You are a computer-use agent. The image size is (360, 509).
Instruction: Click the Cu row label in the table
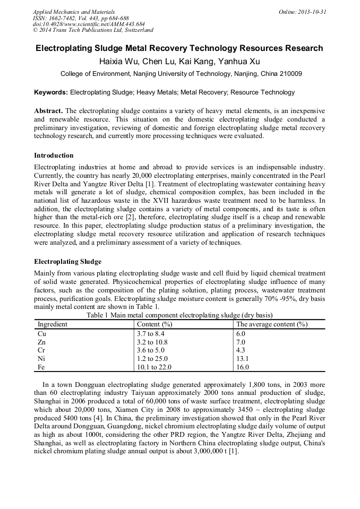41,333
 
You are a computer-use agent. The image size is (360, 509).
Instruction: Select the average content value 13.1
243,358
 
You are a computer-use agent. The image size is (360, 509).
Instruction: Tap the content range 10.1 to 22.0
154,367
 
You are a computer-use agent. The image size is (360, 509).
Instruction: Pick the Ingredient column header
53,324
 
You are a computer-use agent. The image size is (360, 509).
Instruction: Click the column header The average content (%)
272,324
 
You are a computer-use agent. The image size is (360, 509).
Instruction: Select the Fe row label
41,367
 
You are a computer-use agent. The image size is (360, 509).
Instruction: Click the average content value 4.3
241,350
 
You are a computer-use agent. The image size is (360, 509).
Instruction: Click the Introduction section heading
54,156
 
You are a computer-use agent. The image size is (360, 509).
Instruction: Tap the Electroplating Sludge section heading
67,262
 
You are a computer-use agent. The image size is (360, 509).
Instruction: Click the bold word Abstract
48,111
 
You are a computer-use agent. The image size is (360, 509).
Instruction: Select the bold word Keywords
51,92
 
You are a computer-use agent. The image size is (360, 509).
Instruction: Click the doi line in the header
89,24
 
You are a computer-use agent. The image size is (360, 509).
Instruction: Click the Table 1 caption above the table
179,315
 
